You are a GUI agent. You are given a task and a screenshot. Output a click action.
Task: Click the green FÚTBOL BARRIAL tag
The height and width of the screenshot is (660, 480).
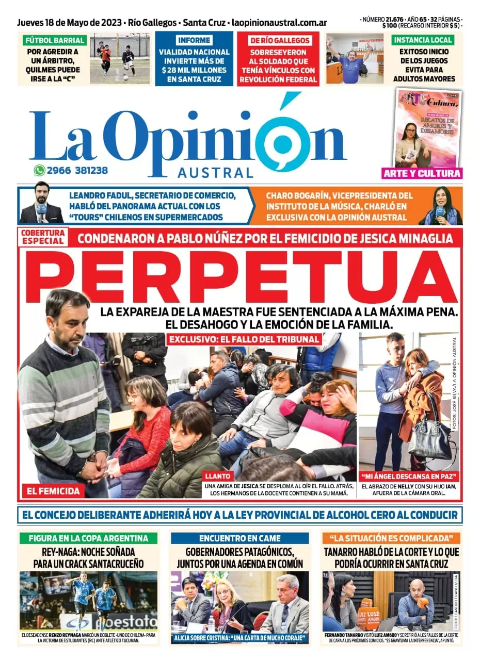click(54, 40)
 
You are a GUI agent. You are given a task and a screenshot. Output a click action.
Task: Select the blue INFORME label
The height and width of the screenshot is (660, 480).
click(194, 40)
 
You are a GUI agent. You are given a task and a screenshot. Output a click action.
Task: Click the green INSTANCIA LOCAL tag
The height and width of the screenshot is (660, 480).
click(423, 40)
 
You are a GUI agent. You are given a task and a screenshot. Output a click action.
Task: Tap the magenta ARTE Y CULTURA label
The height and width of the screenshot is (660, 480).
click(422, 174)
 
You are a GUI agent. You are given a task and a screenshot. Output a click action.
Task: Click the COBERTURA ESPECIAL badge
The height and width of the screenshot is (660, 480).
click(42, 237)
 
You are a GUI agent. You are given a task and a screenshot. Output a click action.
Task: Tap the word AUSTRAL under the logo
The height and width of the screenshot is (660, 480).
click(216, 173)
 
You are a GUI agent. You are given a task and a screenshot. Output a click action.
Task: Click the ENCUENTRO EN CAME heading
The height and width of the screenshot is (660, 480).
click(240, 538)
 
